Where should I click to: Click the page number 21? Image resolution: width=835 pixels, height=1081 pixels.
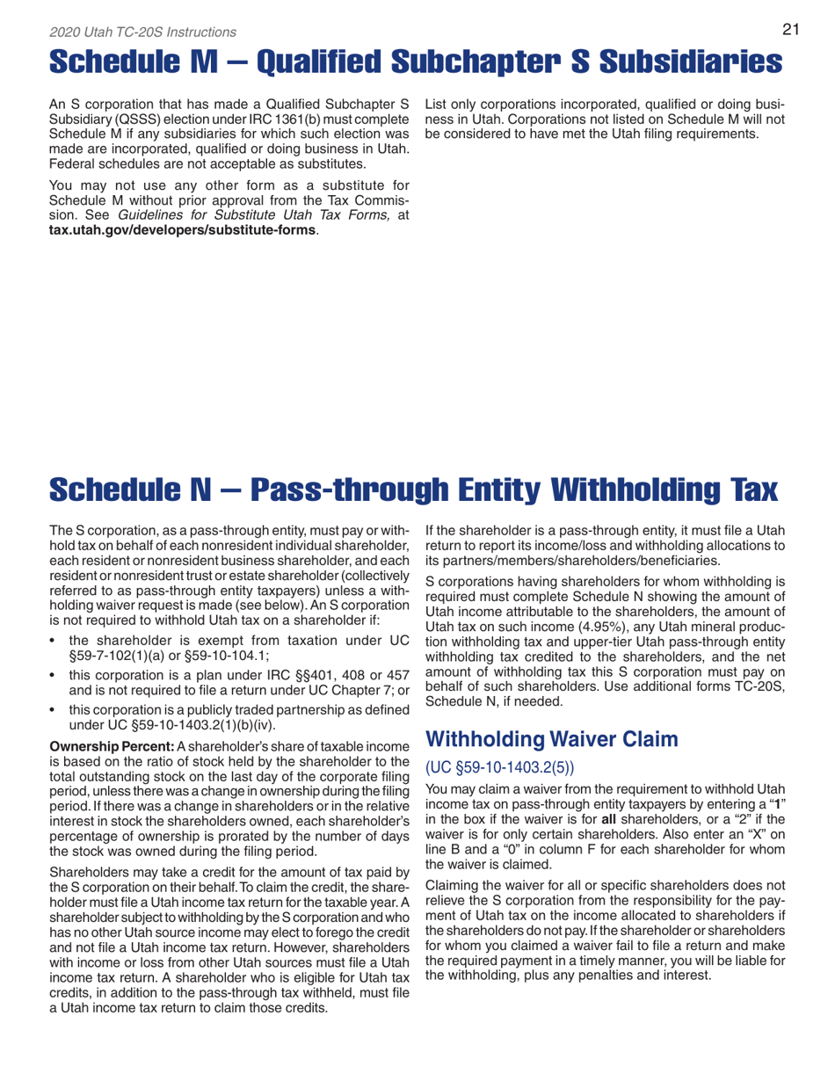pyautogui.click(x=789, y=29)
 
